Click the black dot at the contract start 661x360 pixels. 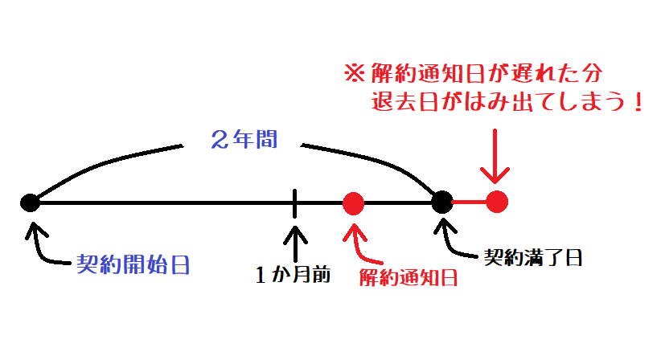(30, 203)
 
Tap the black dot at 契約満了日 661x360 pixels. (442, 202)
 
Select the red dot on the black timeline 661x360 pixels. (353, 203)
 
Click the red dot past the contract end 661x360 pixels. (497, 202)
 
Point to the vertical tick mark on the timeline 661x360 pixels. (294, 203)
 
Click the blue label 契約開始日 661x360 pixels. (133, 265)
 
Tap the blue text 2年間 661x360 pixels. (244, 139)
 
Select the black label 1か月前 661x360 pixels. (294, 275)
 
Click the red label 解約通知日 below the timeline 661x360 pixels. (408, 277)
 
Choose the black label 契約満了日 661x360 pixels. (533, 258)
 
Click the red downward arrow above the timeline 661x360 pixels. (495, 156)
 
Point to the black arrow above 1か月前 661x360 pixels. (295, 243)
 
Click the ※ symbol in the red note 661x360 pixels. (354, 73)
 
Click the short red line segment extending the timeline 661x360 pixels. (470, 202)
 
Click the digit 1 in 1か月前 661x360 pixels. (261, 275)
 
